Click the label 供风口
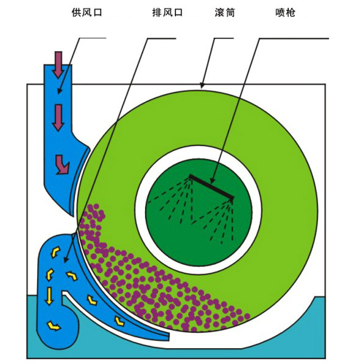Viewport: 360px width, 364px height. pyautogui.click(x=87, y=13)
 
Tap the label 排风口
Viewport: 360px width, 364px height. pyautogui.click(x=168, y=13)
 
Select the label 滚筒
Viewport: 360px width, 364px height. pyautogui.click(x=225, y=13)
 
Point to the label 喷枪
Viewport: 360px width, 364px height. pyautogui.click(x=285, y=13)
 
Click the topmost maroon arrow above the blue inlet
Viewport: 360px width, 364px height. pyautogui.click(x=58, y=65)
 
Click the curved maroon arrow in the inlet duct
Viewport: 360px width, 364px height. pyautogui.click(x=62, y=164)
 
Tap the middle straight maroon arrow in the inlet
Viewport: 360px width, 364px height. pyautogui.click(x=58, y=117)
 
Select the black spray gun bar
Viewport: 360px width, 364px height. pyautogui.click(x=211, y=187)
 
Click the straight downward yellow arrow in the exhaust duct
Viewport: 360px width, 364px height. pyautogui.click(x=49, y=296)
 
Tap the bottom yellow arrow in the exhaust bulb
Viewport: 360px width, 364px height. pyautogui.click(x=54, y=326)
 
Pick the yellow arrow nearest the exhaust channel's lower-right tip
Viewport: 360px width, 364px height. pyautogui.click(x=119, y=321)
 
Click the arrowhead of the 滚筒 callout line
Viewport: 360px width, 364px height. pyautogui.click(x=202, y=86)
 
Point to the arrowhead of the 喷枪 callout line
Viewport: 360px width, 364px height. pyautogui.click(x=211, y=181)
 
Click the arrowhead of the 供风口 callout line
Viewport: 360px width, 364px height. pyautogui.click(x=59, y=91)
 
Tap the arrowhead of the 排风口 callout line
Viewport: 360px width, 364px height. pyautogui.click(x=65, y=260)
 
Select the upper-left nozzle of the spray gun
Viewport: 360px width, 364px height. pyautogui.click(x=190, y=178)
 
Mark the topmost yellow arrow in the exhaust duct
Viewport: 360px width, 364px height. pyautogui.click(x=55, y=252)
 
